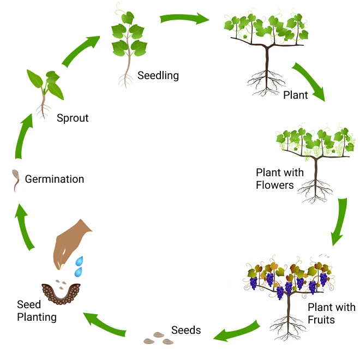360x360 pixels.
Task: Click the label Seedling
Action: [x=158, y=75]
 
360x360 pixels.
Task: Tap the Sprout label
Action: [x=73, y=118]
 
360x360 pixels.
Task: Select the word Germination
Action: [x=55, y=179]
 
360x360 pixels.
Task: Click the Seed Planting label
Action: [x=37, y=310]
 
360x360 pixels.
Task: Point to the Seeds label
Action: [x=186, y=330]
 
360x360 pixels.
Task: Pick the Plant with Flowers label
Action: [x=280, y=179]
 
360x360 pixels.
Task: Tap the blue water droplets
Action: [x=80, y=266]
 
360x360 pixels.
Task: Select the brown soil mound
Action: [x=61, y=293]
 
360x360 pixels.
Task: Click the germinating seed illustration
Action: [x=17, y=181]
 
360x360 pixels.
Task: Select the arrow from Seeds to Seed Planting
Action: [x=107, y=323]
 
